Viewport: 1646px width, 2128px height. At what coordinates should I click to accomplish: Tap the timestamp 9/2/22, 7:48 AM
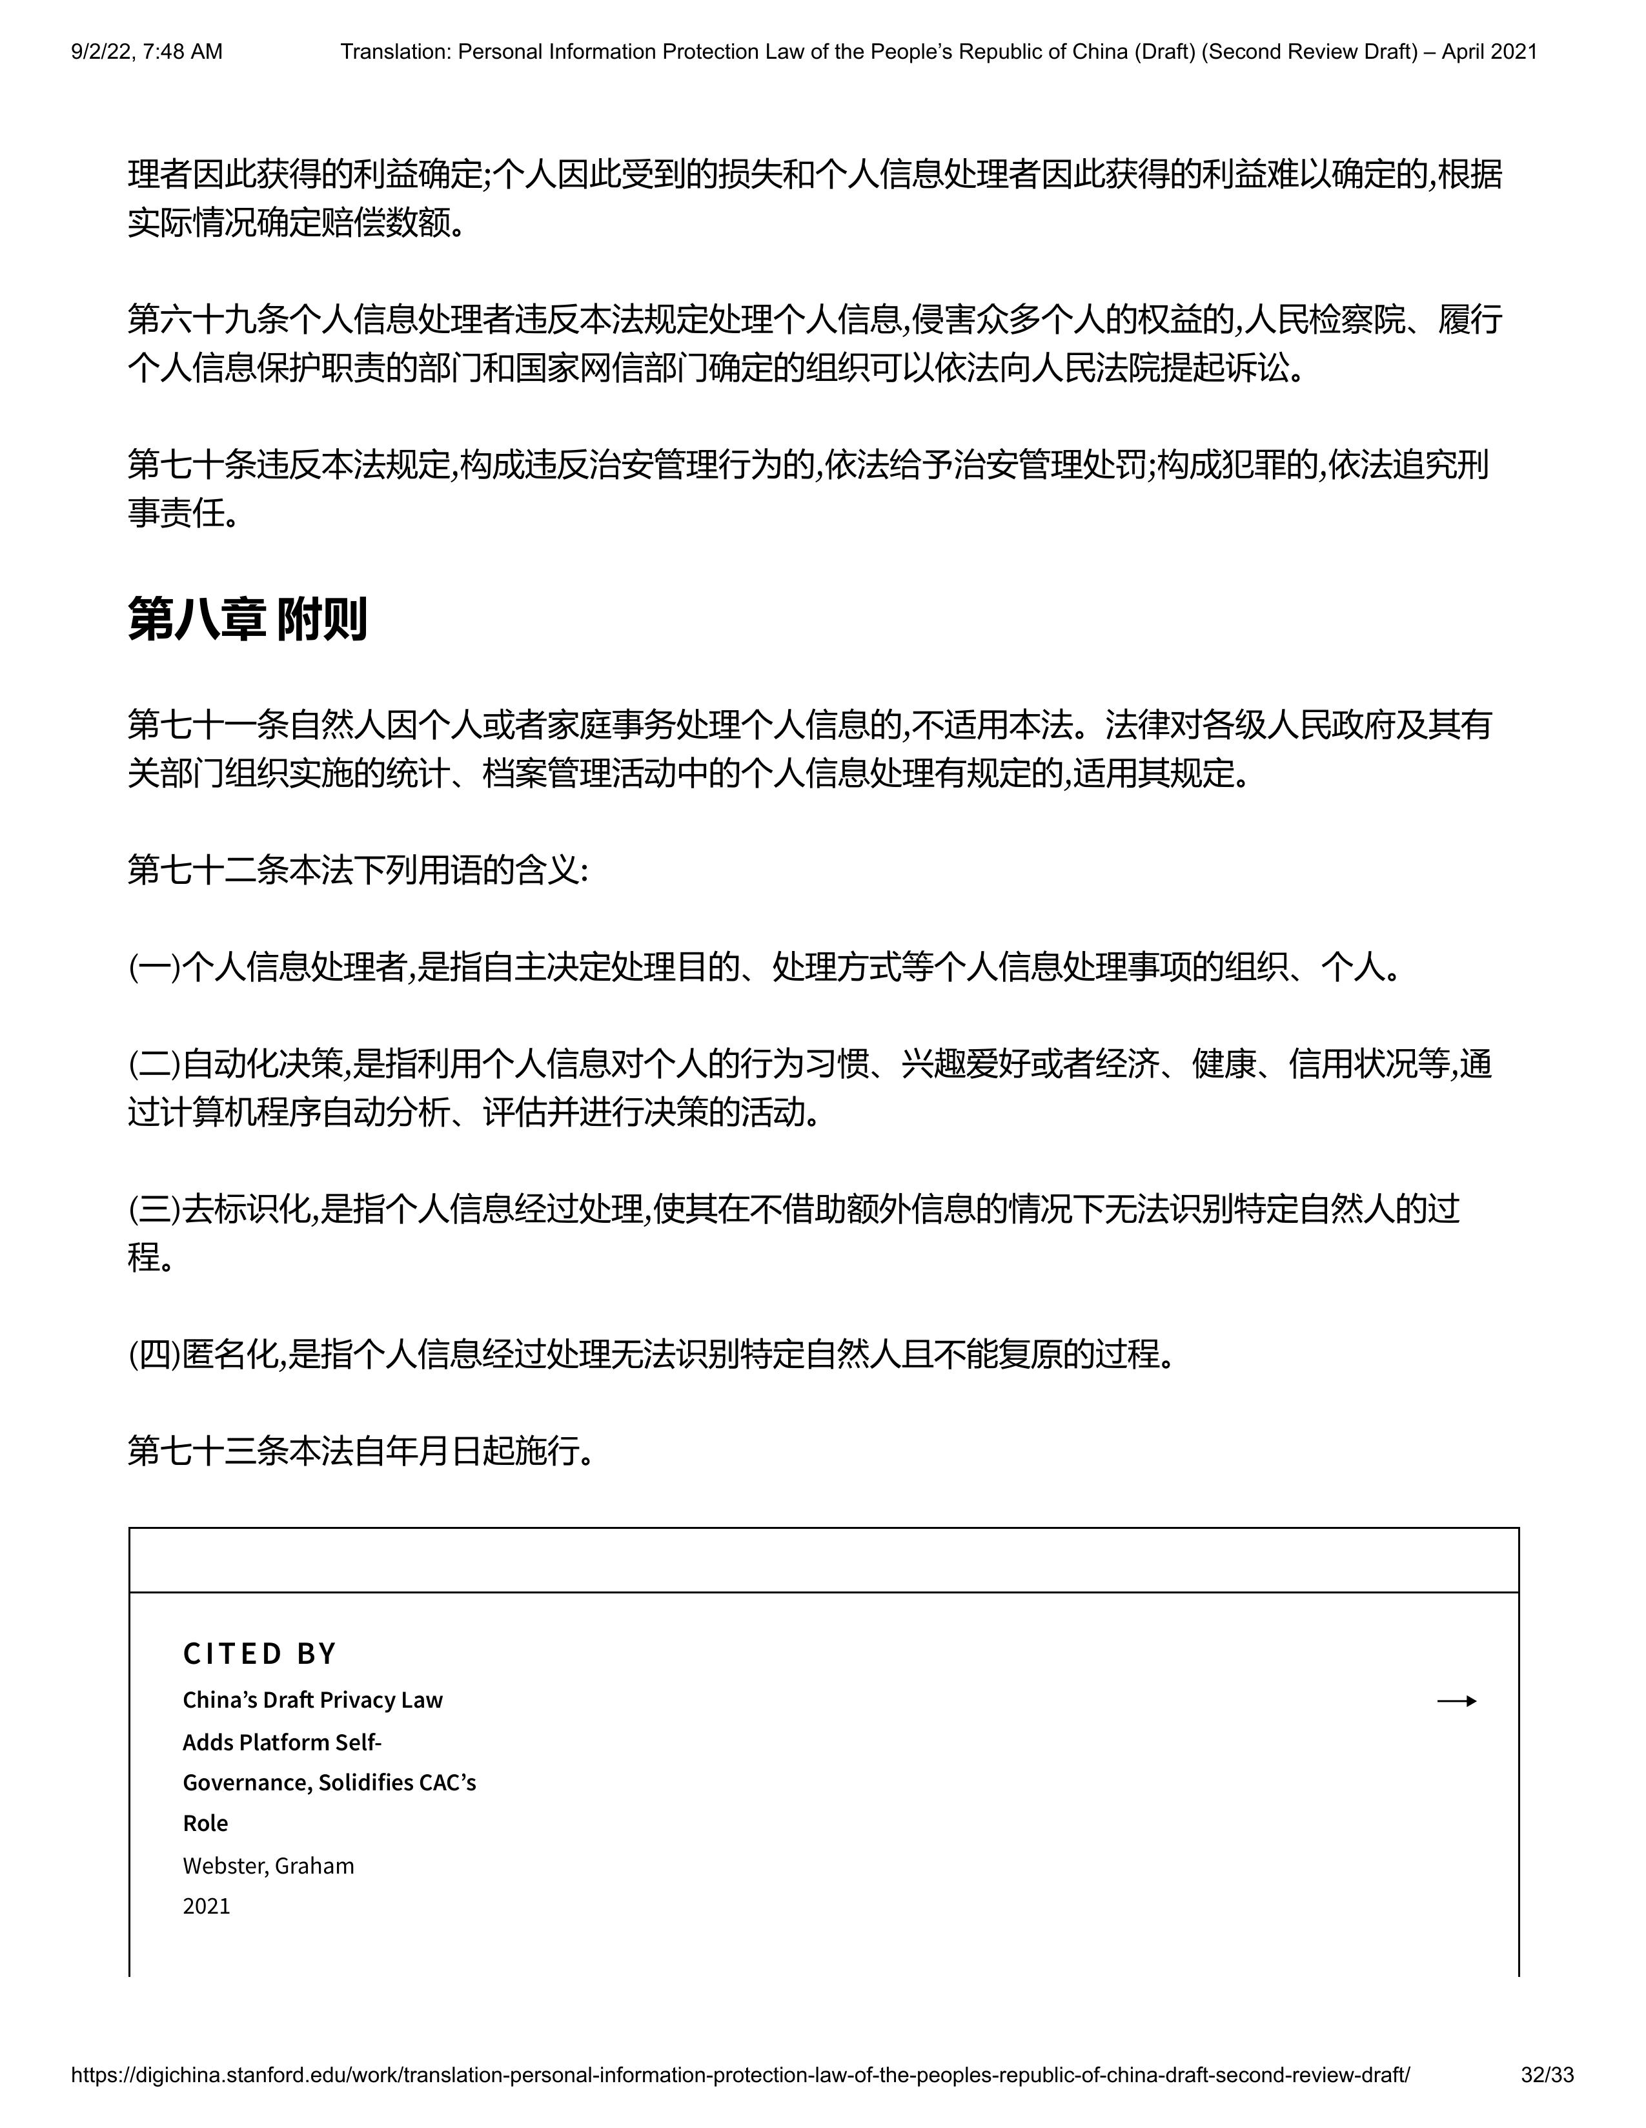[x=146, y=52]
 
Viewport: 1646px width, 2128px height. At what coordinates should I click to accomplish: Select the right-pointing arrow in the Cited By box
[x=1456, y=1701]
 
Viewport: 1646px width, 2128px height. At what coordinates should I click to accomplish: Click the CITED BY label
[x=259, y=1653]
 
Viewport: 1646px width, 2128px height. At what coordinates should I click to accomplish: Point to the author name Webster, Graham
[x=268, y=1865]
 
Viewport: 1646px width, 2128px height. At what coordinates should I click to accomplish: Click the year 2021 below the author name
[x=207, y=1906]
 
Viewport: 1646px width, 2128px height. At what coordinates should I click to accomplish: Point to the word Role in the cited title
[x=205, y=1823]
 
